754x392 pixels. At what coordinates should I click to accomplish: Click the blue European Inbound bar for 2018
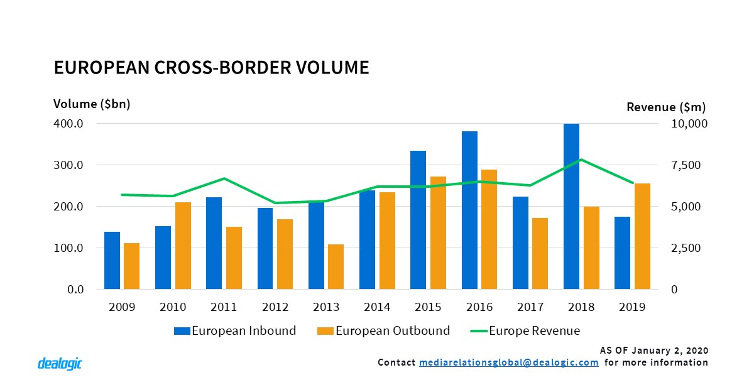(x=571, y=207)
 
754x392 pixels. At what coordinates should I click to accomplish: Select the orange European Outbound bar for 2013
(x=336, y=266)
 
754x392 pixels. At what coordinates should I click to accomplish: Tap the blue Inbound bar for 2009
(x=112, y=260)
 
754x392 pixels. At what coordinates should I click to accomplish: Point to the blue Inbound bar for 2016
(x=469, y=210)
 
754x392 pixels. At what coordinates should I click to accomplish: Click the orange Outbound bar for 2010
(x=183, y=246)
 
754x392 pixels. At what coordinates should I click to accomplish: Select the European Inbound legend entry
(x=235, y=330)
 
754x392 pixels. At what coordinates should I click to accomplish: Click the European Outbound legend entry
(x=385, y=330)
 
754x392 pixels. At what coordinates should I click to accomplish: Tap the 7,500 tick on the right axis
(x=689, y=165)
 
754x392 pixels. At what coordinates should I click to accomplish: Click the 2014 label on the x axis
(x=377, y=307)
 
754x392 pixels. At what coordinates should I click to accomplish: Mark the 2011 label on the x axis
(x=224, y=307)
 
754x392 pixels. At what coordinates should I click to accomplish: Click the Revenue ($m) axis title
(x=667, y=107)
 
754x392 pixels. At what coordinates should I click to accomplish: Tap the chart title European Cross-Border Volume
(x=211, y=67)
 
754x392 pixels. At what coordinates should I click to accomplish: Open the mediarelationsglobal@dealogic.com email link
(x=508, y=362)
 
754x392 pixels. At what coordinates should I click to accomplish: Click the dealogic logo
(x=60, y=364)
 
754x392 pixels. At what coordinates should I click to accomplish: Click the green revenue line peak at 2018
(x=582, y=160)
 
